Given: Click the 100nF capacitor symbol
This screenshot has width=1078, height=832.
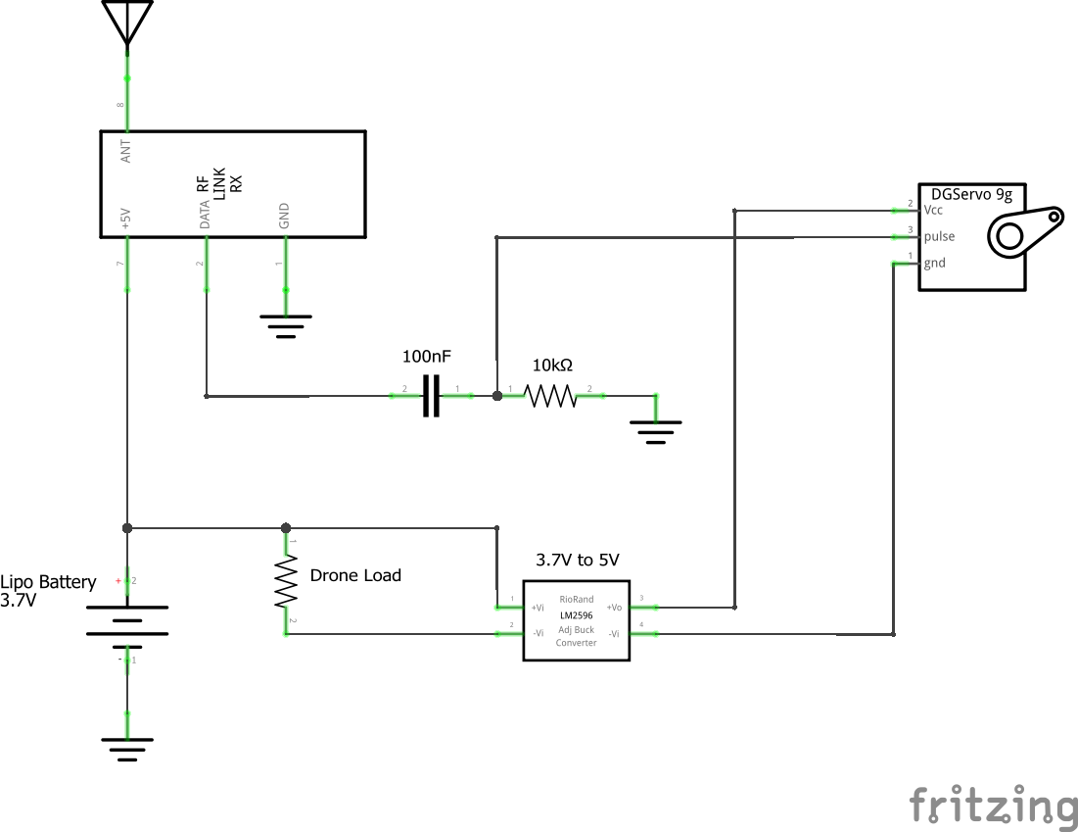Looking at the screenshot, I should pos(431,396).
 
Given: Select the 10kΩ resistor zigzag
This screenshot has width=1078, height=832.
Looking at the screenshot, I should pos(551,396).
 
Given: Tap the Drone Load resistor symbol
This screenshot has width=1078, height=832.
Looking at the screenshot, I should pos(286,582).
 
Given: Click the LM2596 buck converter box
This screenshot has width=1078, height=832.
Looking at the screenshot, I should pos(575,621).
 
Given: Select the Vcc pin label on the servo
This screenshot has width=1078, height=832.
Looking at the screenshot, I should pos(933,211).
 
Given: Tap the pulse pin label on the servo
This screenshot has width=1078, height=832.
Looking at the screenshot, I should pos(939,236).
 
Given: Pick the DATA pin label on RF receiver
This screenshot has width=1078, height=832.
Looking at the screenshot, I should pos(205,213).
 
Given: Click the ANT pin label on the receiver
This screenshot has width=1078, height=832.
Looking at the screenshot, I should pos(125,150).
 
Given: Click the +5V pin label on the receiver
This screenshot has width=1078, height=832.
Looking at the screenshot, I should pos(125,218).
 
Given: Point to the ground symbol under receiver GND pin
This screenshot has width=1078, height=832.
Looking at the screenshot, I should pos(286,324).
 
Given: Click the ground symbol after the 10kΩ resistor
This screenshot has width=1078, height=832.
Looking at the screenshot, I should pos(655,431).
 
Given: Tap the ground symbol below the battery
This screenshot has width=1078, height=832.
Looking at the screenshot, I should pos(127,749).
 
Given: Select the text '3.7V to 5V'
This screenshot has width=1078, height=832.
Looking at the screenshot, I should pos(577,560).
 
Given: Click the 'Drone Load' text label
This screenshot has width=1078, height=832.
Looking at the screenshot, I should pos(355,575).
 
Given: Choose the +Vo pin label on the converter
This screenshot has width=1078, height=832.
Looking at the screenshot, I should pos(614,608).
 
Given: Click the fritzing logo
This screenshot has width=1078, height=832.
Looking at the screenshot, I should pos(991,806).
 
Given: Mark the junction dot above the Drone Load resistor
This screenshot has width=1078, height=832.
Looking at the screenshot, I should pos(286,528).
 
